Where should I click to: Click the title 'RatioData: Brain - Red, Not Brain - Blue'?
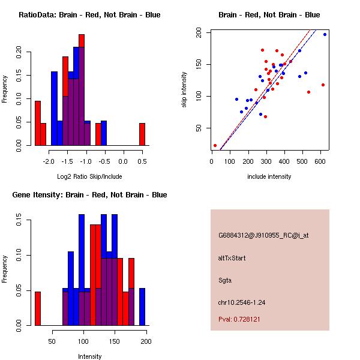[89, 15]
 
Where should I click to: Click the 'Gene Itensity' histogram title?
[89, 195]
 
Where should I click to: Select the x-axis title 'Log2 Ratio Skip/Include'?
[89, 176]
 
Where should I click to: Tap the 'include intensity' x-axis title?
[269, 176]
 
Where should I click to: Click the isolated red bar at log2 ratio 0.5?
[142, 134]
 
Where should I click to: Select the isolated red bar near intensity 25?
[38, 308]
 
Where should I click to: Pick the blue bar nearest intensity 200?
[142, 307]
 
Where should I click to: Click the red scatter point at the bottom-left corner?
[215, 145]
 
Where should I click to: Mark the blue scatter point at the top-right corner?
[325, 34]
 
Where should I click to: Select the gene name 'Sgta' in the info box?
[225, 280]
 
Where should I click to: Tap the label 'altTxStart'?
[232, 258]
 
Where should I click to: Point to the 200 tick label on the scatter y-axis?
[199, 33]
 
